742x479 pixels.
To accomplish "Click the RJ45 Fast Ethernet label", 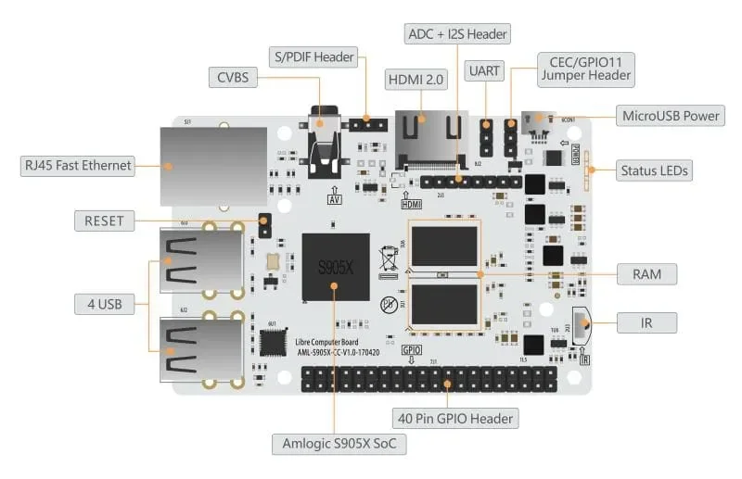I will [x=78, y=166].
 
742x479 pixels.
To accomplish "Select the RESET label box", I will [x=104, y=221].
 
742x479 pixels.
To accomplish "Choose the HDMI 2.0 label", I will [x=416, y=80].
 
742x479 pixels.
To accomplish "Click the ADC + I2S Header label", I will [x=457, y=34].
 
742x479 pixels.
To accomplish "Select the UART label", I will [x=485, y=69].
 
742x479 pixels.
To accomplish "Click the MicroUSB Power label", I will [x=672, y=116].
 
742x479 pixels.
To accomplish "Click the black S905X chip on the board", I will [x=335, y=267].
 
